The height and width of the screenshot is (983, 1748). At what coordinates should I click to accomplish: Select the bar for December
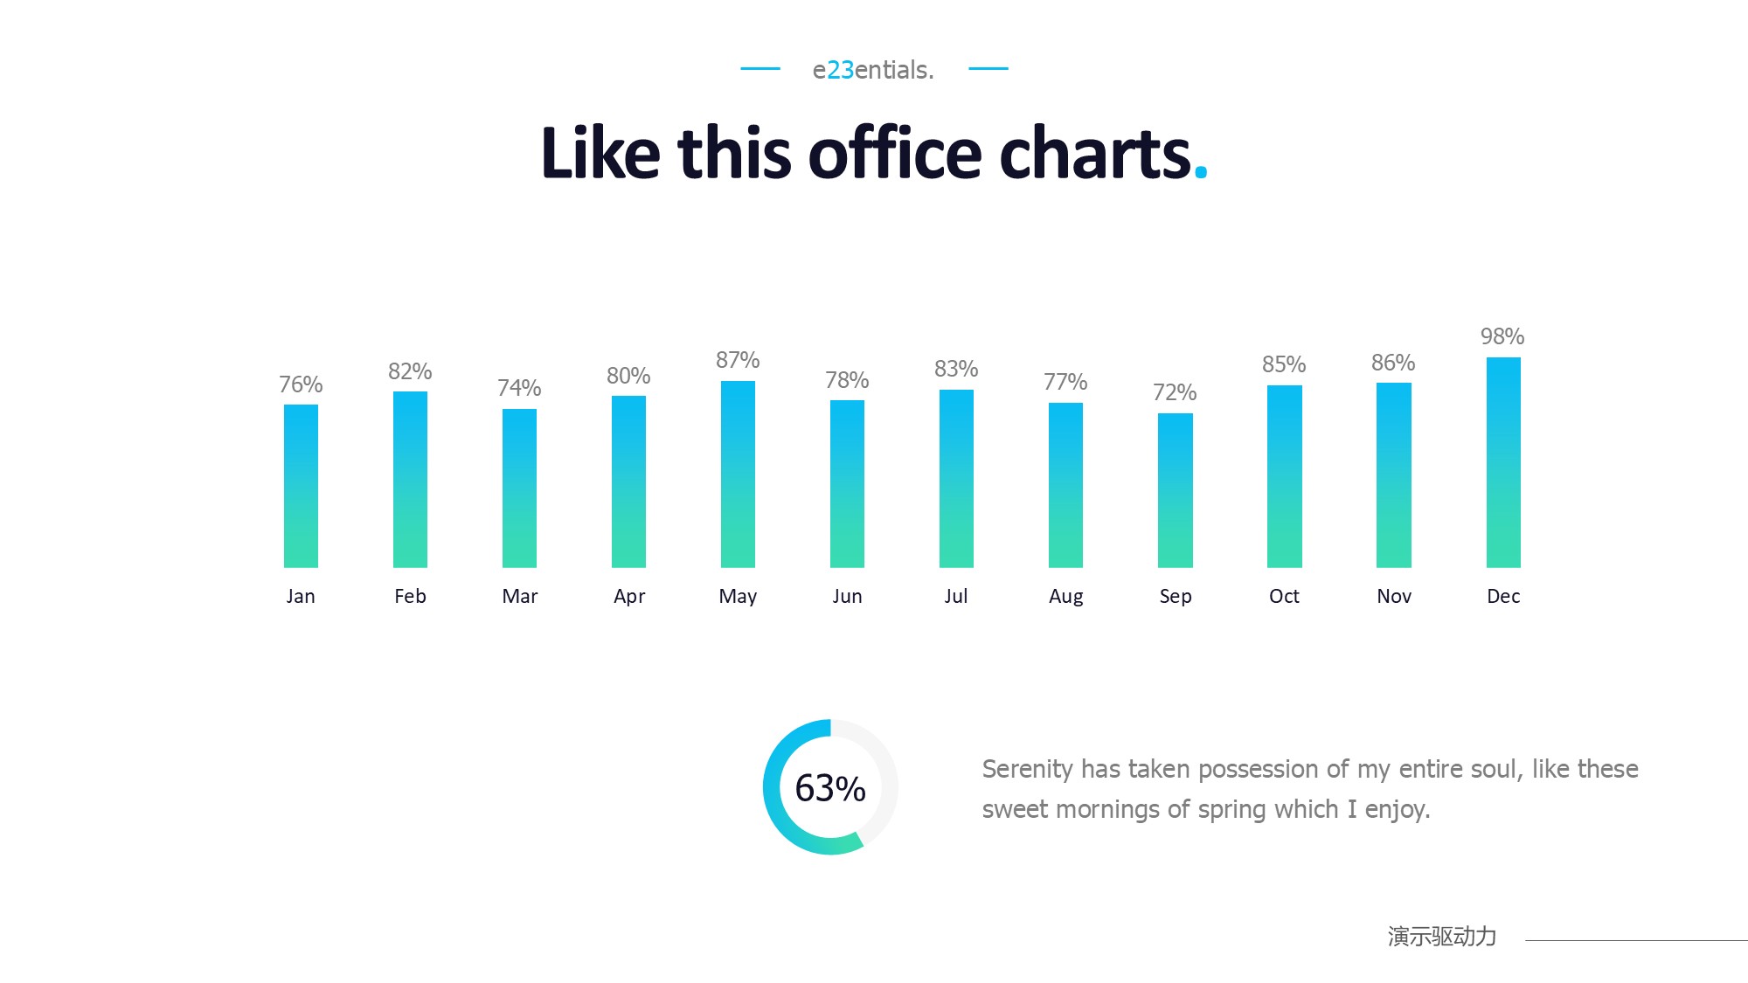(1503, 462)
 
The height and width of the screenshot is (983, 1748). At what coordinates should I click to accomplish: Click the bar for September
(1175, 490)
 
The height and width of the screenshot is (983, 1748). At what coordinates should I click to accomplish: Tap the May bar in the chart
(738, 474)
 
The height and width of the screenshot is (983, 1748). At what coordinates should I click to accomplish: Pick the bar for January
(301, 486)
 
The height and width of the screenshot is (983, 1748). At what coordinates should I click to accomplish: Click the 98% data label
(1502, 336)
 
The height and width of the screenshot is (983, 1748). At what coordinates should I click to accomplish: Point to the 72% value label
(1174, 392)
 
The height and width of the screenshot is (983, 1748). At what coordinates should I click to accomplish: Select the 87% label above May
(738, 360)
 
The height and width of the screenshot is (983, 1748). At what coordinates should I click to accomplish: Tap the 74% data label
(519, 388)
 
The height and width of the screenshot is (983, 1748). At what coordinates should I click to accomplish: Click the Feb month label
(410, 596)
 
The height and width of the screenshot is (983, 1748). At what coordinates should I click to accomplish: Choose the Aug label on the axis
(1065, 596)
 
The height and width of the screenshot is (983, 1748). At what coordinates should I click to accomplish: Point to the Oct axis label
(1284, 596)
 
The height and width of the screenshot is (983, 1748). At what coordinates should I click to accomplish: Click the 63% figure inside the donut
(829, 788)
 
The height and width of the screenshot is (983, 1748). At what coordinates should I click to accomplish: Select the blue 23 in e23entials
(840, 70)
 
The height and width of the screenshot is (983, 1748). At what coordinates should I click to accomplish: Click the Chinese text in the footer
(1441, 937)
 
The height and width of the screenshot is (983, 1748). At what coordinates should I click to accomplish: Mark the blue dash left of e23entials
(760, 68)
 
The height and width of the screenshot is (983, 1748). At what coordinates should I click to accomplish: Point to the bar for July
(956, 479)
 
